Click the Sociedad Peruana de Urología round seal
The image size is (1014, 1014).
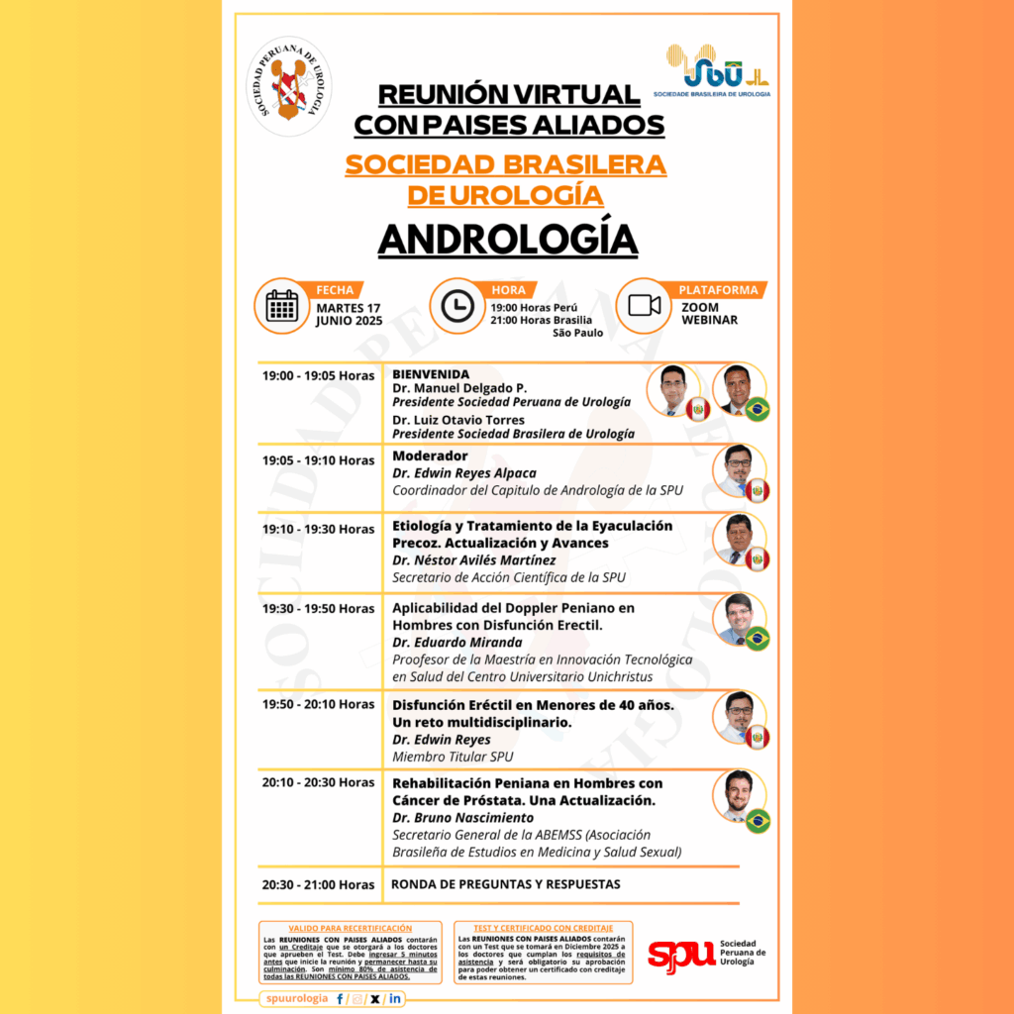pos(288,86)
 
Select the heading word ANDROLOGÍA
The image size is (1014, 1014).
pos(507,239)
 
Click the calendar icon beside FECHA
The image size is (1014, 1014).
pos(282,306)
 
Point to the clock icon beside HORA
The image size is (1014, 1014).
pos(456,306)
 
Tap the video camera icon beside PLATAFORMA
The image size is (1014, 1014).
pos(644,306)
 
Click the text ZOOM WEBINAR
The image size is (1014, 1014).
pos(710,314)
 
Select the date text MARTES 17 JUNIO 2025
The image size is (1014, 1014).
pos(348,314)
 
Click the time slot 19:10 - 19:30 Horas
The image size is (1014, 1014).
pos(318,529)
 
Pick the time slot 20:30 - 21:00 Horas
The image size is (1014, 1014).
pos(318,884)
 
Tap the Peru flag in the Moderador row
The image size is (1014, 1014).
pos(759,490)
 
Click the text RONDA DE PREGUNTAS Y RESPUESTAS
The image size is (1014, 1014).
pos(506,883)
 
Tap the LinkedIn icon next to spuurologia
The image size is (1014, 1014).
pos(395,999)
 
